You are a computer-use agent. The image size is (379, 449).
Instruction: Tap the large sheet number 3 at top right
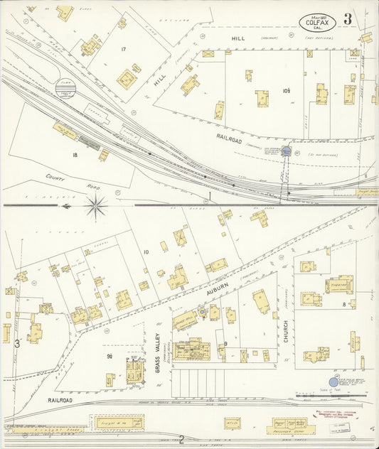click(348, 19)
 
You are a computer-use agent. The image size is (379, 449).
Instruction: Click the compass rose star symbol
click(95, 206)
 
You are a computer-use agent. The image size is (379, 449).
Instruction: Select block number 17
click(123, 49)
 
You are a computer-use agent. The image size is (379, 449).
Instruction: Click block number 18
click(74, 154)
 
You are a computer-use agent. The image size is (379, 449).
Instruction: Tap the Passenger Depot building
click(288, 426)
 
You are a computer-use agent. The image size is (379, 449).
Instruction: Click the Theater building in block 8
click(339, 285)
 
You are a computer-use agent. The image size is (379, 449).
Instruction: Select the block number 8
click(344, 304)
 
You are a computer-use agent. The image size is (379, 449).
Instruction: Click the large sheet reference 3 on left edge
click(16, 344)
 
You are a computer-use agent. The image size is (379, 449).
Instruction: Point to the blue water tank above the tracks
click(286, 151)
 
